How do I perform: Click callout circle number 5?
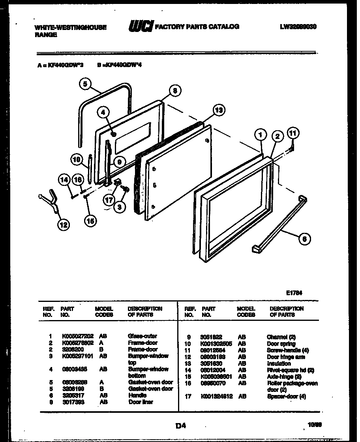85,83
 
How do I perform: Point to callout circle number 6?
304,238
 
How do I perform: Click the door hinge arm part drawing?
49,199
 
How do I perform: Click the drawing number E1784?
294,293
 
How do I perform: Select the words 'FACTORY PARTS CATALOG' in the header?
197,26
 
